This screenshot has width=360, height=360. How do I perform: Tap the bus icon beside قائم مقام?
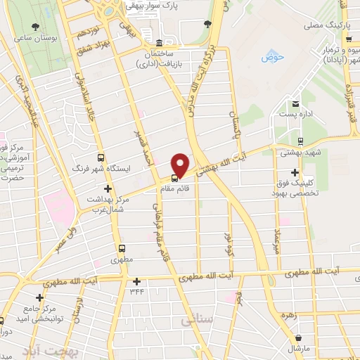pos(174,176)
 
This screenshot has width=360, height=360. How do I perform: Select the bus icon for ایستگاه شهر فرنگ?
pos(100,158)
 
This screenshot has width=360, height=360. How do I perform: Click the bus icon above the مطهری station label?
pos(122,248)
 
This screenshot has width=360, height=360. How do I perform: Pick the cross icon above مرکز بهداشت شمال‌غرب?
pos(108,188)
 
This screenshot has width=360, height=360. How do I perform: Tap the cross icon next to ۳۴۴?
pos(137,282)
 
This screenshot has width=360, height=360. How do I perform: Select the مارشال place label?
pos(298,348)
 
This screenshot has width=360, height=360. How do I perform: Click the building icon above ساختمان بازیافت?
pos(160,42)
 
